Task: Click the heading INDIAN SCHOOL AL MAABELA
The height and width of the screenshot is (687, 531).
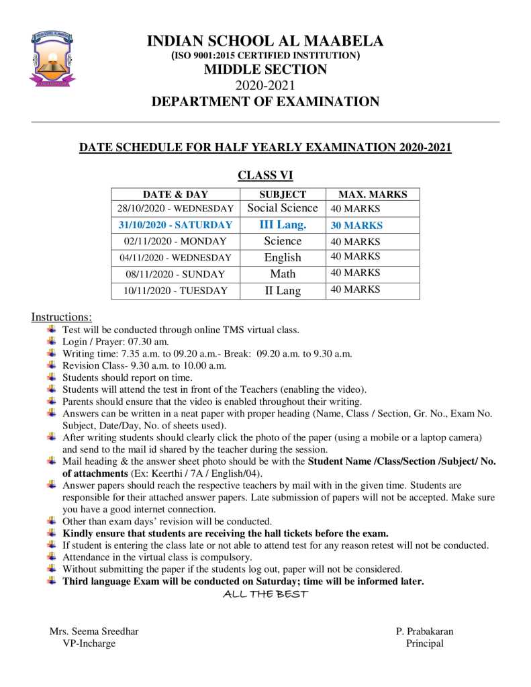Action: pos(265,41)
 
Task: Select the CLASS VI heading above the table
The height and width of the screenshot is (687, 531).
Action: pos(265,175)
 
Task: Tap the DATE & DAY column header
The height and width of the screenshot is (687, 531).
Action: pos(175,194)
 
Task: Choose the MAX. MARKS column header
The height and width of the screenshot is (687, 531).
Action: pos(372,194)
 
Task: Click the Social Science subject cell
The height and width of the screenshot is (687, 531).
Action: pos(283,208)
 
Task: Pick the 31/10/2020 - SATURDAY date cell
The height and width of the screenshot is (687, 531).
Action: pos(175,225)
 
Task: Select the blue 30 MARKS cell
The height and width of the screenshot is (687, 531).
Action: pos(356,226)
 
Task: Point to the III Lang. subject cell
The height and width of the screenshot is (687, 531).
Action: pos(283,225)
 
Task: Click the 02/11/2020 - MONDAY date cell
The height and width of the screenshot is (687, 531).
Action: pos(175,241)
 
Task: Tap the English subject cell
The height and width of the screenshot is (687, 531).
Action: pos(283,257)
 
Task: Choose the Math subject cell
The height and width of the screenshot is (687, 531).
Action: pos(283,274)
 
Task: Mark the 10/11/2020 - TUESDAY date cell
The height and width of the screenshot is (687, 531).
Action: pos(175,291)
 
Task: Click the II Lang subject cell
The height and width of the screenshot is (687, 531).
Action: pos(283,291)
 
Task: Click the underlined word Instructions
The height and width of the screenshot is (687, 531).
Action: pos(62,316)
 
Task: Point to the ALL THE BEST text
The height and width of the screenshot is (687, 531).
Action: pos(265,594)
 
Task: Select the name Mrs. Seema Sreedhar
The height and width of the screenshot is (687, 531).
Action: pos(94,631)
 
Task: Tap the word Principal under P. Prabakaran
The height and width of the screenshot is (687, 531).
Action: pos(424,643)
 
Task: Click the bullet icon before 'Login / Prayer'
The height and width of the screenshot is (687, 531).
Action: pos(52,341)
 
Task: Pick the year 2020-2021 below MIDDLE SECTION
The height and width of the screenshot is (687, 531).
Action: pos(265,85)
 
